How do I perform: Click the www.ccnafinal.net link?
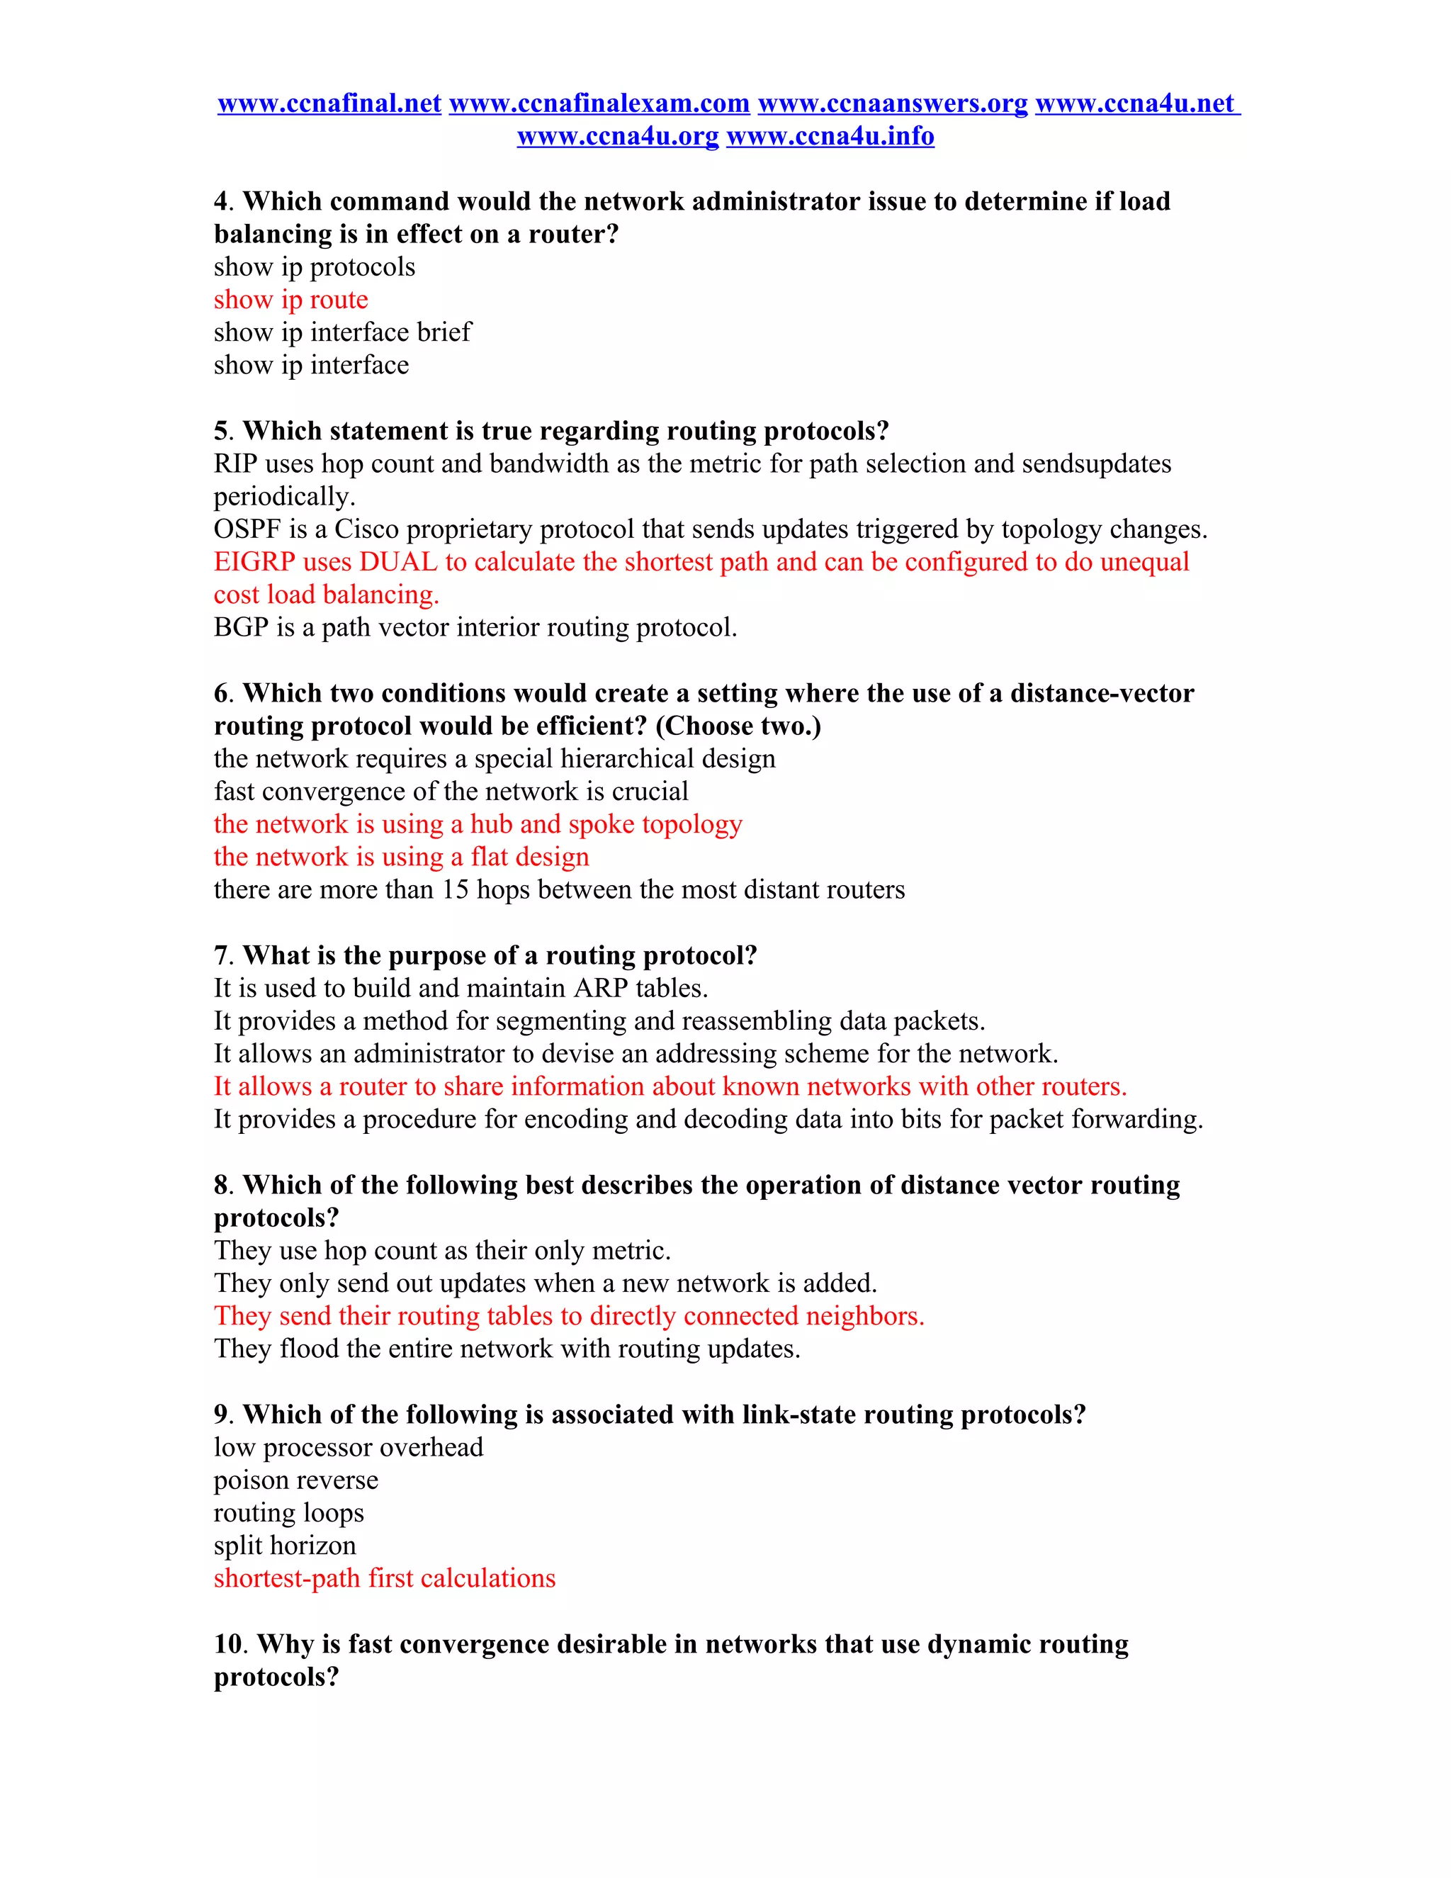329,103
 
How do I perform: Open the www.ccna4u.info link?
830,136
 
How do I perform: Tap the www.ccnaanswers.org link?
892,103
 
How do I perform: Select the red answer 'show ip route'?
290,299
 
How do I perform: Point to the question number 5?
222,431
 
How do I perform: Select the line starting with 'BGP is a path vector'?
475,628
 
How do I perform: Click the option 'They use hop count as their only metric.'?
442,1250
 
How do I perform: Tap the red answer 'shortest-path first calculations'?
384,1578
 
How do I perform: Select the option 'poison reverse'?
295,1480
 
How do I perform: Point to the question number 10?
230,1644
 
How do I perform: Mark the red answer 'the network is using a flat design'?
402,857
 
